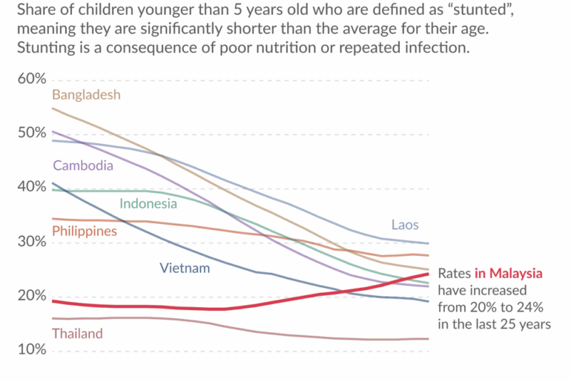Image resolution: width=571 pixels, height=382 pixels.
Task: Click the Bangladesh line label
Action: [86, 95]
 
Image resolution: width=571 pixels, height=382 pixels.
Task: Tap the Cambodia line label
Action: [83, 165]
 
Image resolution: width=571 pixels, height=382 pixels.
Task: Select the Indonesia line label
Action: [148, 203]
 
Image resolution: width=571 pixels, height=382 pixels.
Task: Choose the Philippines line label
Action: [85, 231]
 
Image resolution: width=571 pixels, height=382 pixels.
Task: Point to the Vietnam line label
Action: [185, 268]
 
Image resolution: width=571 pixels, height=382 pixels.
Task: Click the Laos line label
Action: [405, 225]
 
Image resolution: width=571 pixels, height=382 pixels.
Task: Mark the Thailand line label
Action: [77, 334]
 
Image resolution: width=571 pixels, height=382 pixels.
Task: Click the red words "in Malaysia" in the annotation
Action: [509, 274]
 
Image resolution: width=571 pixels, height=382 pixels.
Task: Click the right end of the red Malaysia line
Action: [428, 274]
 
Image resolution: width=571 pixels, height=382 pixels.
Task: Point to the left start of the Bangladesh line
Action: [53, 109]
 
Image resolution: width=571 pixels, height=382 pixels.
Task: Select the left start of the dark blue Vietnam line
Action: [53, 183]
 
